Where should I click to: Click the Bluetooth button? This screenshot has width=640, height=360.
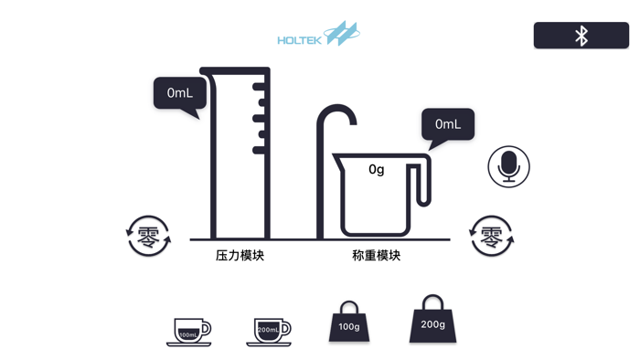581,36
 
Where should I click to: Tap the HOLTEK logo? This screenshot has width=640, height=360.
318,37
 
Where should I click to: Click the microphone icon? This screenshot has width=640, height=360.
508,166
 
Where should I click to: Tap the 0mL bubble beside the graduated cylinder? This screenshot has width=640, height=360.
179,93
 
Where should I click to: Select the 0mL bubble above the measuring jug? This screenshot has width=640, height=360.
448,124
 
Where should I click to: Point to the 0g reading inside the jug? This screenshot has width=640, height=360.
377,169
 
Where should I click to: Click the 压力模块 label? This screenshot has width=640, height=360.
240,256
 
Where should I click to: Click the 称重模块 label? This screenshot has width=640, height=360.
376,256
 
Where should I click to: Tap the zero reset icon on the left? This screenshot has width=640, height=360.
148,236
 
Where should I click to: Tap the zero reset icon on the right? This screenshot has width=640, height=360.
491,236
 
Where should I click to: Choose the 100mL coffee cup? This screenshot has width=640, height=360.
189,331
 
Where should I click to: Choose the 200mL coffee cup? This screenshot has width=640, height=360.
269,331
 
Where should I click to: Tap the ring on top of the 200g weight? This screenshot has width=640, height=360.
432,302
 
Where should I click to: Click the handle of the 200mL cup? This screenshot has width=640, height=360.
285,328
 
